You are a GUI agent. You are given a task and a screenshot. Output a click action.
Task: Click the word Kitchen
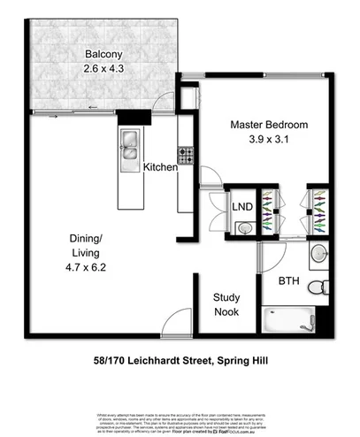[x=161, y=167]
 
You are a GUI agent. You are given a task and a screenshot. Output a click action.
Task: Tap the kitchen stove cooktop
[x=186, y=156]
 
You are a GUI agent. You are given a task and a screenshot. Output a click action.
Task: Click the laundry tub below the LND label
[x=247, y=227]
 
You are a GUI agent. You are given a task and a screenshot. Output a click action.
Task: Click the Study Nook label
[x=227, y=305]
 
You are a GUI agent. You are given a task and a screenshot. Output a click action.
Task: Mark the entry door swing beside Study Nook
[x=180, y=320]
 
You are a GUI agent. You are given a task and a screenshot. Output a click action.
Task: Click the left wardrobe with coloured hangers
[x=272, y=215]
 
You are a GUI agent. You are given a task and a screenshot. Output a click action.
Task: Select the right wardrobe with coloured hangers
[x=318, y=215]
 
